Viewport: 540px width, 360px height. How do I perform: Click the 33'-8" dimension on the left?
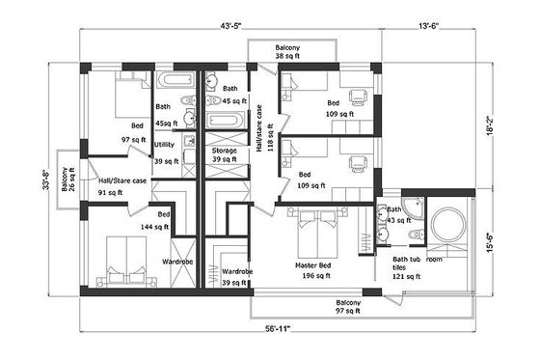point(45,180)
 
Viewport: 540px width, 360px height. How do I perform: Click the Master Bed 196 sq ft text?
point(310,269)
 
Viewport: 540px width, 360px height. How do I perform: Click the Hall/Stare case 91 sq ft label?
point(121,185)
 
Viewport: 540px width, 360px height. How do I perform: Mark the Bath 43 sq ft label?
point(394,215)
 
